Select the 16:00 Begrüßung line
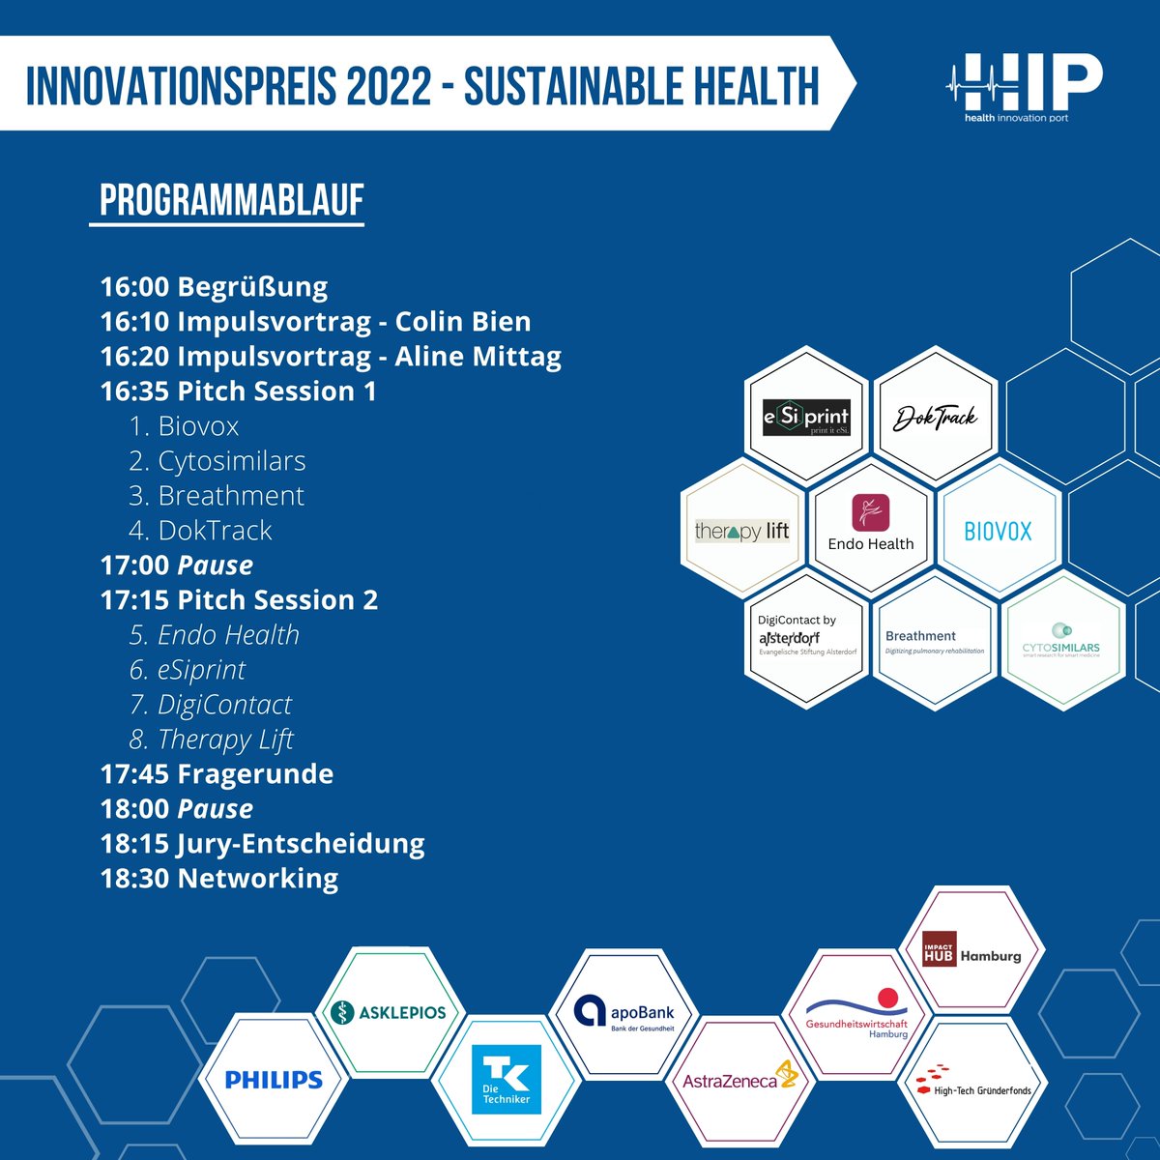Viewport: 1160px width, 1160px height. click(x=214, y=287)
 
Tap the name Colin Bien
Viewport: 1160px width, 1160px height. click(x=463, y=322)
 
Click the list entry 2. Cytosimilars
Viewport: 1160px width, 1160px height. click(x=217, y=461)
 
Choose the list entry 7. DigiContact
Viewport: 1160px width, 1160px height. click(x=211, y=705)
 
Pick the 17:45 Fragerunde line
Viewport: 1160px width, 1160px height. click(x=217, y=774)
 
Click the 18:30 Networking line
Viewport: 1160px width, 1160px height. click(x=219, y=879)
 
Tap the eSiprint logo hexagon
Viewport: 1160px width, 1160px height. click(x=806, y=418)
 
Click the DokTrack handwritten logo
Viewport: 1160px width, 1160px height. click(x=935, y=418)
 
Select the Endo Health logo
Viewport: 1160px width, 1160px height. click(x=871, y=523)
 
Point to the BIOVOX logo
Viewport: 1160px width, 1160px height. click(x=999, y=531)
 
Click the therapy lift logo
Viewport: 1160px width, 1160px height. click(x=742, y=531)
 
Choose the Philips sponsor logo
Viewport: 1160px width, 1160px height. click(x=274, y=1080)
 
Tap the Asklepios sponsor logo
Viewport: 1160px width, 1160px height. click(x=389, y=1012)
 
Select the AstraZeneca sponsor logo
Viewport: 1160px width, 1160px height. click(x=739, y=1080)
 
